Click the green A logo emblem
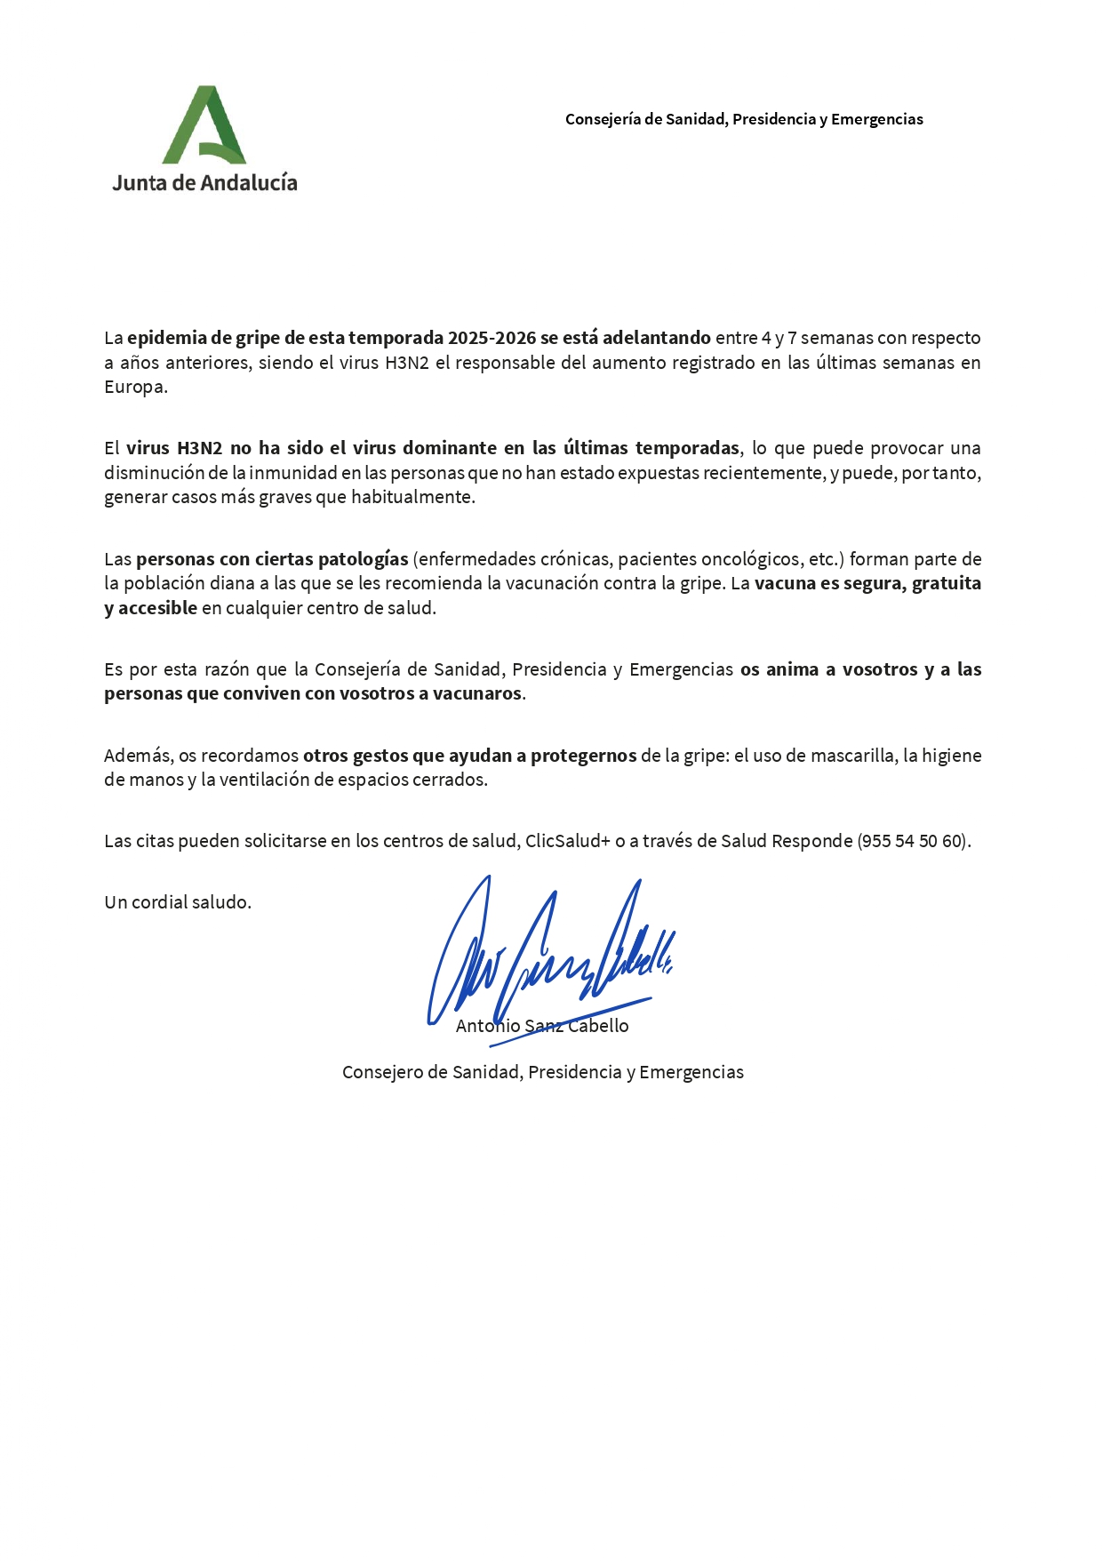click(204, 125)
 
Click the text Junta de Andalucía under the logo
click(204, 183)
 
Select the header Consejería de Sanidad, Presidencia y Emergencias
click(744, 119)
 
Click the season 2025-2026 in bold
click(492, 338)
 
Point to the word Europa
click(135, 387)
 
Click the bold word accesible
click(157, 608)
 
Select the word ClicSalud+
click(567, 841)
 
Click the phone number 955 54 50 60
click(913, 841)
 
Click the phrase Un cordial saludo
click(178, 902)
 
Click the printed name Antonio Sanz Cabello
click(542, 1026)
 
